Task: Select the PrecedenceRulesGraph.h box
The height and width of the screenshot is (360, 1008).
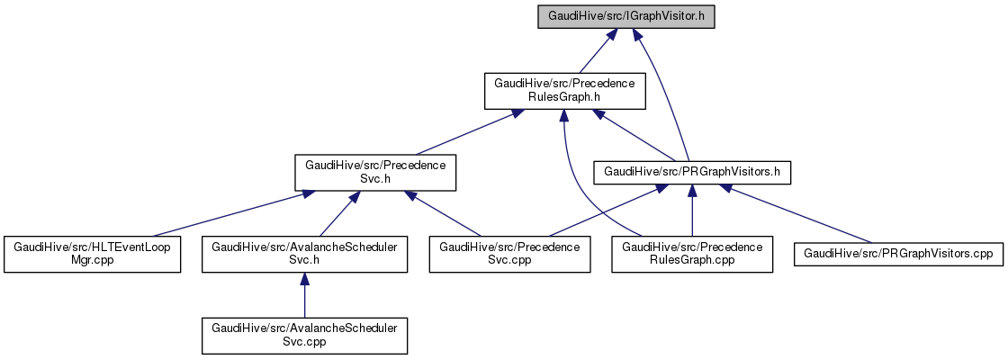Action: coord(561,90)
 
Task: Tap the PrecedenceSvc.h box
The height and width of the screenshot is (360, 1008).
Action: coord(374,171)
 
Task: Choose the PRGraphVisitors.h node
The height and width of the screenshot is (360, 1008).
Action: coord(691,171)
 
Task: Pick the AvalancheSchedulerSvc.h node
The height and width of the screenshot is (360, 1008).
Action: coord(304,254)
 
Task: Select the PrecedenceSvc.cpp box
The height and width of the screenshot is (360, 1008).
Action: coord(509,254)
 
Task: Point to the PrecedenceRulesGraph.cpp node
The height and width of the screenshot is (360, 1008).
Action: coord(692,254)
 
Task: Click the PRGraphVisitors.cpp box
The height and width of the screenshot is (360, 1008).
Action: coord(897,254)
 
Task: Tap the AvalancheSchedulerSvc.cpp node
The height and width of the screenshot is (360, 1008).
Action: coord(304,335)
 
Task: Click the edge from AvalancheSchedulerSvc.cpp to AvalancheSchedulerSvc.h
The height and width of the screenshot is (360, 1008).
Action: coord(304,297)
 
